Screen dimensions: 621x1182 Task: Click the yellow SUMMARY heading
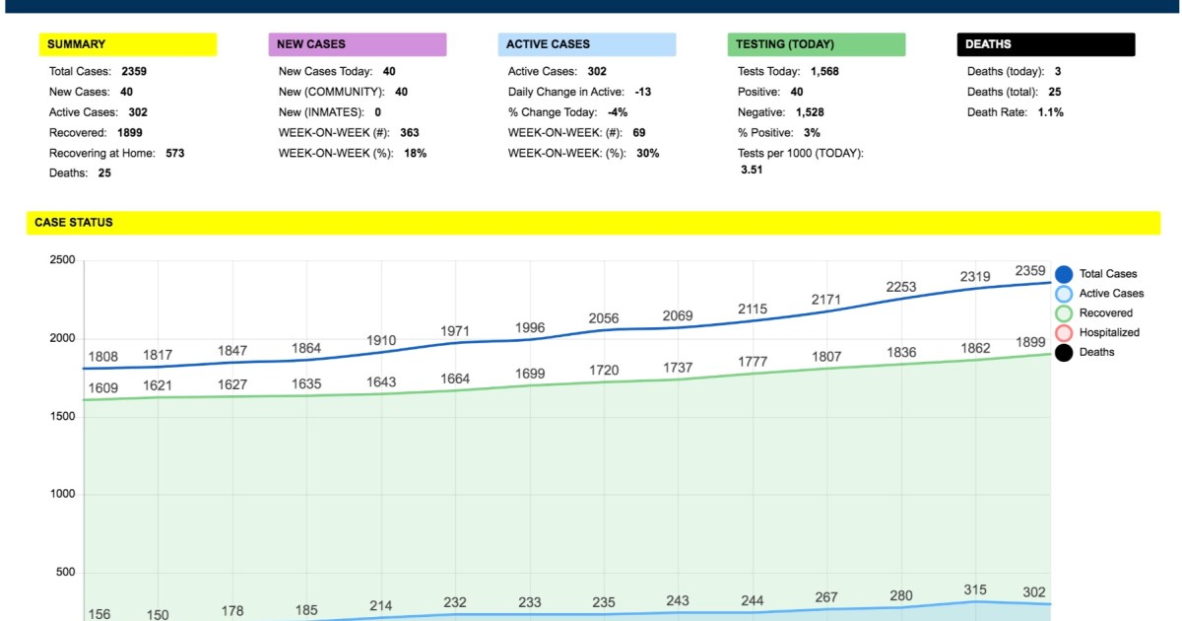76,44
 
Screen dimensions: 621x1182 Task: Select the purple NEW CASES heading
311,44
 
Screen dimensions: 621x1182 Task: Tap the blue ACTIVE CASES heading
548,44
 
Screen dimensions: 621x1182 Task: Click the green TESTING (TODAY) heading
786,44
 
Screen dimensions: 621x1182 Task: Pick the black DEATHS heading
988,44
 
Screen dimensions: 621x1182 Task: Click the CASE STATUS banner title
74,223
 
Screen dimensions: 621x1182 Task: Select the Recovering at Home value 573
174,153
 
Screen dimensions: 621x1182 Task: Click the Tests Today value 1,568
824,72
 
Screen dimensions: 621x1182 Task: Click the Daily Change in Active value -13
642,92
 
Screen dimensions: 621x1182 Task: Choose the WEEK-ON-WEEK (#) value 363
410,133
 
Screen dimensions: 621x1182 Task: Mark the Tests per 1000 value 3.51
752,170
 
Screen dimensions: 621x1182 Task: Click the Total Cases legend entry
1107,274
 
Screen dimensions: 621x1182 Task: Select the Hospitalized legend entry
1109,332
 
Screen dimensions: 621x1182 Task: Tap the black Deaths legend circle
1064,352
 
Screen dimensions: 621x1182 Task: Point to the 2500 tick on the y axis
62,260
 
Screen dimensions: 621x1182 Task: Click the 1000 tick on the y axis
62,495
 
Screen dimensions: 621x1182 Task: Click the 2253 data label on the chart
901,287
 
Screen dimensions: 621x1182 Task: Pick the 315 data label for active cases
974,589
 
